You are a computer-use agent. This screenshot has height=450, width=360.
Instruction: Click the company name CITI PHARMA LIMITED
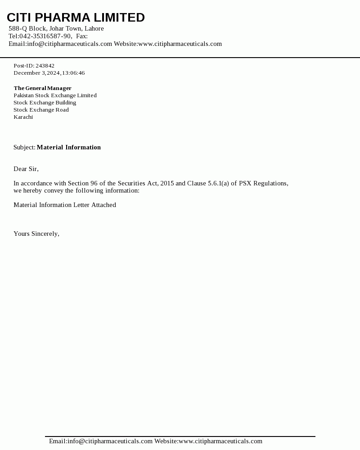coord(76,18)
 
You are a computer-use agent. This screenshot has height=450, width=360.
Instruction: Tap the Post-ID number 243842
coord(45,66)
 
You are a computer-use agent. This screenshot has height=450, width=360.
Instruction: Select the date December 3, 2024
coord(37,73)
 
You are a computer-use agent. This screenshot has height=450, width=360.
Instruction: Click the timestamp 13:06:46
coord(73,73)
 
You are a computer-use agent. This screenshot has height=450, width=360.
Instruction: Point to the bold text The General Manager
coord(42,88)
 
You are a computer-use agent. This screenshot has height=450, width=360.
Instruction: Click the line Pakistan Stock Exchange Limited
coord(55,95)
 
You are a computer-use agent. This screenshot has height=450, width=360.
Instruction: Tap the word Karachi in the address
coord(23,117)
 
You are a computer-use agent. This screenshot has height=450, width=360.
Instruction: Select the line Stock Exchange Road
coord(41,110)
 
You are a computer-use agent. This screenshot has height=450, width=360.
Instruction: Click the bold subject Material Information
coord(68,147)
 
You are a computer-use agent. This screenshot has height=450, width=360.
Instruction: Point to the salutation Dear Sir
coord(26,169)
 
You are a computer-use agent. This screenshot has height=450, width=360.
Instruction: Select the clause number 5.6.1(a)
coord(219,183)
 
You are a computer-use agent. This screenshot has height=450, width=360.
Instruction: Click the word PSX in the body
coord(245,183)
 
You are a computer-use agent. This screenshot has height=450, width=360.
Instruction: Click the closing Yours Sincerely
coord(36,234)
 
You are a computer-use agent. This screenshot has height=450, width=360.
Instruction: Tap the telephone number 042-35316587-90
coord(45,36)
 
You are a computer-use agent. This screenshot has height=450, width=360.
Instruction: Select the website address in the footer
coord(220,441)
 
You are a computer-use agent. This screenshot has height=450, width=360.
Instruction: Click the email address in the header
coord(69,44)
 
